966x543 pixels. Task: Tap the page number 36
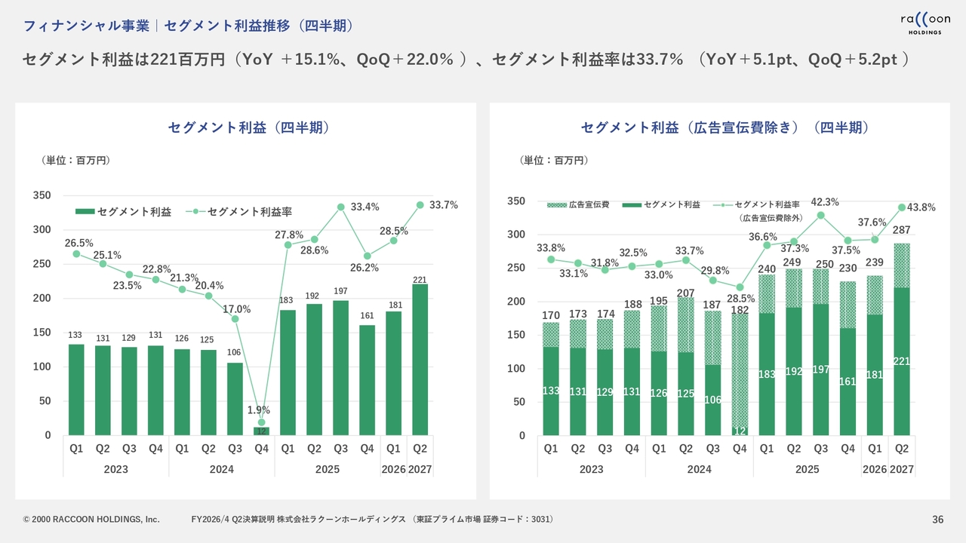coord(938,519)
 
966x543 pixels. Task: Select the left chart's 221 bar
coord(420,359)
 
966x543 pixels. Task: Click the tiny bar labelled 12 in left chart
coord(261,431)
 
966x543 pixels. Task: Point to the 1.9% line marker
coord(261,422)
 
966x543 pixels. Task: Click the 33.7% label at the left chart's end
coord(444,205)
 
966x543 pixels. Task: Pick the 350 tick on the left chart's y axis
coord(42,195)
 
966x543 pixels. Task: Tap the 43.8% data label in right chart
coord(921,207)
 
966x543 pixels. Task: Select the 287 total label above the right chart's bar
coord(901,230)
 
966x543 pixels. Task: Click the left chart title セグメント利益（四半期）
coord(248,127)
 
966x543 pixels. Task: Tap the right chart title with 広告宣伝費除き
coord(724,127)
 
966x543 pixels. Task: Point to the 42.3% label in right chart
coord(825,202)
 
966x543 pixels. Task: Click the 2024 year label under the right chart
coord(699,469)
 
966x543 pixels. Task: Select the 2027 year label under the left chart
coord(420,469)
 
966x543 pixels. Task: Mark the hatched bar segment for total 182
coord(740,370)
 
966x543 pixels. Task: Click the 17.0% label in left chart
coord(236,309)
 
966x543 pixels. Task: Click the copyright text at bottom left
coord(91,520)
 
